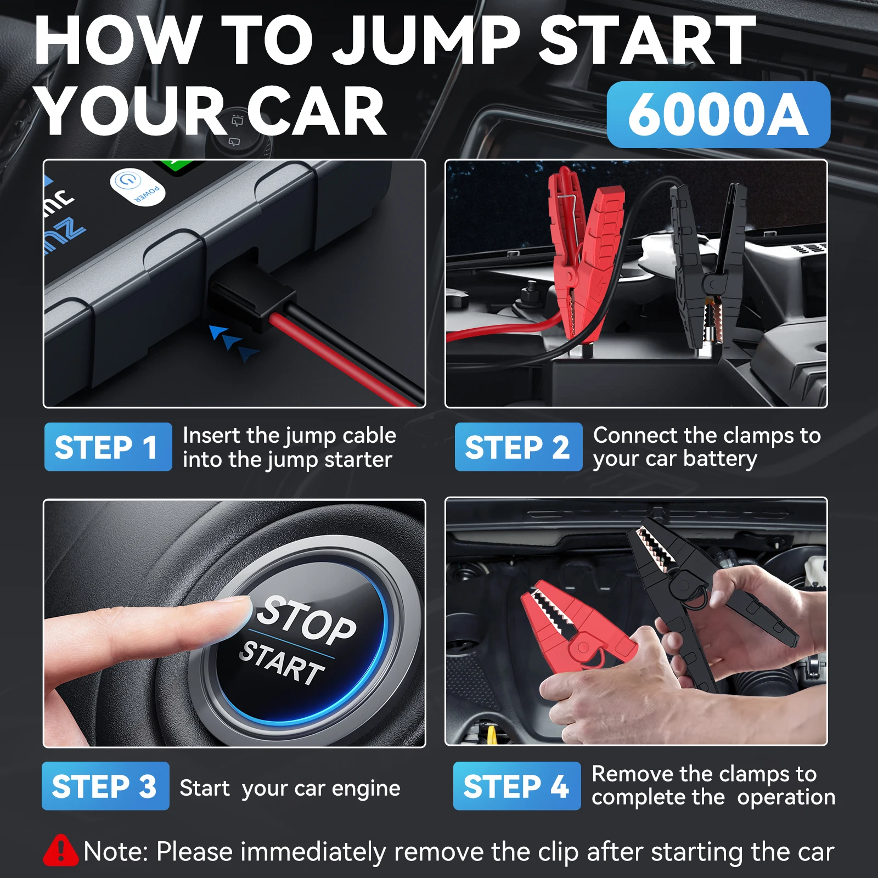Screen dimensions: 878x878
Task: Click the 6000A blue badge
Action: point(718,115)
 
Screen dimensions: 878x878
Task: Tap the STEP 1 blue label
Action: point(108,447)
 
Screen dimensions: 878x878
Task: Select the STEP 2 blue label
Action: point(518,447)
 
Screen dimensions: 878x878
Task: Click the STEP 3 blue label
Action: point(105,786)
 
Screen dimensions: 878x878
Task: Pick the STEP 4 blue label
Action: point(516,786)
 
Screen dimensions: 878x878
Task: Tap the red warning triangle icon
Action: point(61,851)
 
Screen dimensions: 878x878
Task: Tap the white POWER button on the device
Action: point(137,187)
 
